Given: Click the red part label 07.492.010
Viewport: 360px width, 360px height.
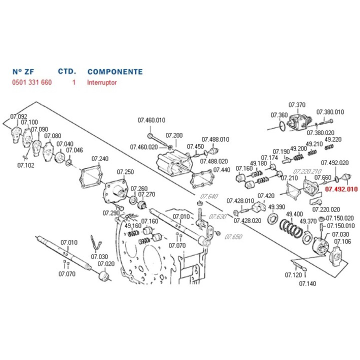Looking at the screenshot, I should tap(341, 189).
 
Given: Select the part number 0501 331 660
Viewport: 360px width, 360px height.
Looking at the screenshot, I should tap(32, 82).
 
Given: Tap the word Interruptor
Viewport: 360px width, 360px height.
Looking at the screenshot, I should tap(102, 82).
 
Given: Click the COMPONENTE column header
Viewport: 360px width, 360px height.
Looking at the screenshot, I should tap(115, 72).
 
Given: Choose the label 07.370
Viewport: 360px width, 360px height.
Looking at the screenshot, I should tap(296, 105).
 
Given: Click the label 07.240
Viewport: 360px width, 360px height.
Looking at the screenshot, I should tap(99, 159).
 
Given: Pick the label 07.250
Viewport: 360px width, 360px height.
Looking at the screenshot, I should tap(125, 172).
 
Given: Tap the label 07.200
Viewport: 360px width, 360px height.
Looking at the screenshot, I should tap(174, 135).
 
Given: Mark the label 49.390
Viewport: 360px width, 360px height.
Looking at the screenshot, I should tap(276, 207).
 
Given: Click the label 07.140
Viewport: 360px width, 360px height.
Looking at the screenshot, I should tap(307, 283).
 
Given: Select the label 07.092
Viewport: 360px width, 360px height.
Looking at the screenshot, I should tap(19, 117).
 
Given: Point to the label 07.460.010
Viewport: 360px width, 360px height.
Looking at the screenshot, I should tap(151, 120).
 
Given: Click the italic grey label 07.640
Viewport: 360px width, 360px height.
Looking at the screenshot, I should tap(209, 195).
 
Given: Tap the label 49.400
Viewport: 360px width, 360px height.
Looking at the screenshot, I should tap(293, 213).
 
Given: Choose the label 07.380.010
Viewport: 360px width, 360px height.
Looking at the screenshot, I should tap(330, 112).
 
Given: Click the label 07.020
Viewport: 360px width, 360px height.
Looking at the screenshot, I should tap(106, 263).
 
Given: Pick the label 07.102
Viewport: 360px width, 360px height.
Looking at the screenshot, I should tap(26, 165).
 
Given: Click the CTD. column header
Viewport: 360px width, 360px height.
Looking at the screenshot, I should tap(67, 72).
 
